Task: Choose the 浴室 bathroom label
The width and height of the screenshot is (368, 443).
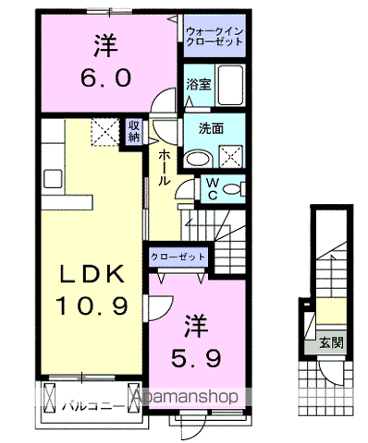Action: [x=197, y=84]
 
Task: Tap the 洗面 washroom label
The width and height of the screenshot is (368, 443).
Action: [x=210, y=130]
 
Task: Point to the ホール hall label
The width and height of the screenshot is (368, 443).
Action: [x=163, y=168]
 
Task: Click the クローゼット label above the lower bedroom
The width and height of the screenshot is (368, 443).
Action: [x=178, y=257]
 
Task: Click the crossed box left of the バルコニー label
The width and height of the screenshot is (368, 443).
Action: [x=50, y=401]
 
